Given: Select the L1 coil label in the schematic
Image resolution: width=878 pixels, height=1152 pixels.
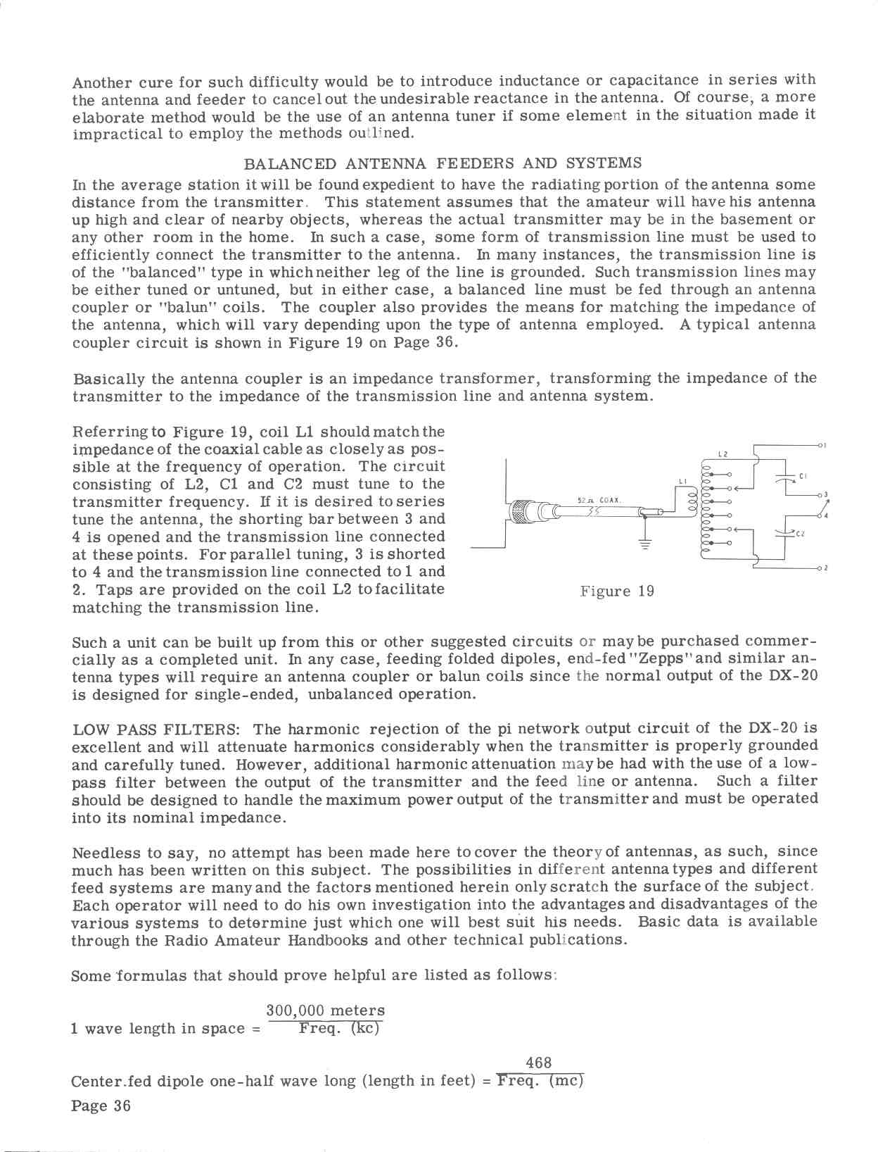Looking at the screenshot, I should click(682, 482).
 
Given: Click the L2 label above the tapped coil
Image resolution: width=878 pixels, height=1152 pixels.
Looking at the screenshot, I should click(723, 454).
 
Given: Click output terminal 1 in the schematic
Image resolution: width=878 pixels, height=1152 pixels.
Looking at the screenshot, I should click(822, 445).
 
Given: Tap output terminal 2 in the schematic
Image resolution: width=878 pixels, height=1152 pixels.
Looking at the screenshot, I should click(822, 568).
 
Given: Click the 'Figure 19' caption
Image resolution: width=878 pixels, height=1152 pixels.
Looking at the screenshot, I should click(617, 591).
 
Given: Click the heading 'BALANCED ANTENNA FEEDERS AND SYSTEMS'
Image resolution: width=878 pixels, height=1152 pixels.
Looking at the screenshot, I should click(443, 164).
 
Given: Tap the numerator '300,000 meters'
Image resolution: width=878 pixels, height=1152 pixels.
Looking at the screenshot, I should click(325, 1011).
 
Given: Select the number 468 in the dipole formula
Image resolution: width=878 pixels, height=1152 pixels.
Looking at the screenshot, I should click(539, 1063).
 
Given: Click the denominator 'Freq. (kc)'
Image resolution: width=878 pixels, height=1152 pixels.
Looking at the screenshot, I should click(338, 1029).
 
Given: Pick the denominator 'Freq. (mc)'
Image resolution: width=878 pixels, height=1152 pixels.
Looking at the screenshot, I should click(540, 1081).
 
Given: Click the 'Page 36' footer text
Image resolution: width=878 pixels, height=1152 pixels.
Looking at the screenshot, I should click(101, 1106).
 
